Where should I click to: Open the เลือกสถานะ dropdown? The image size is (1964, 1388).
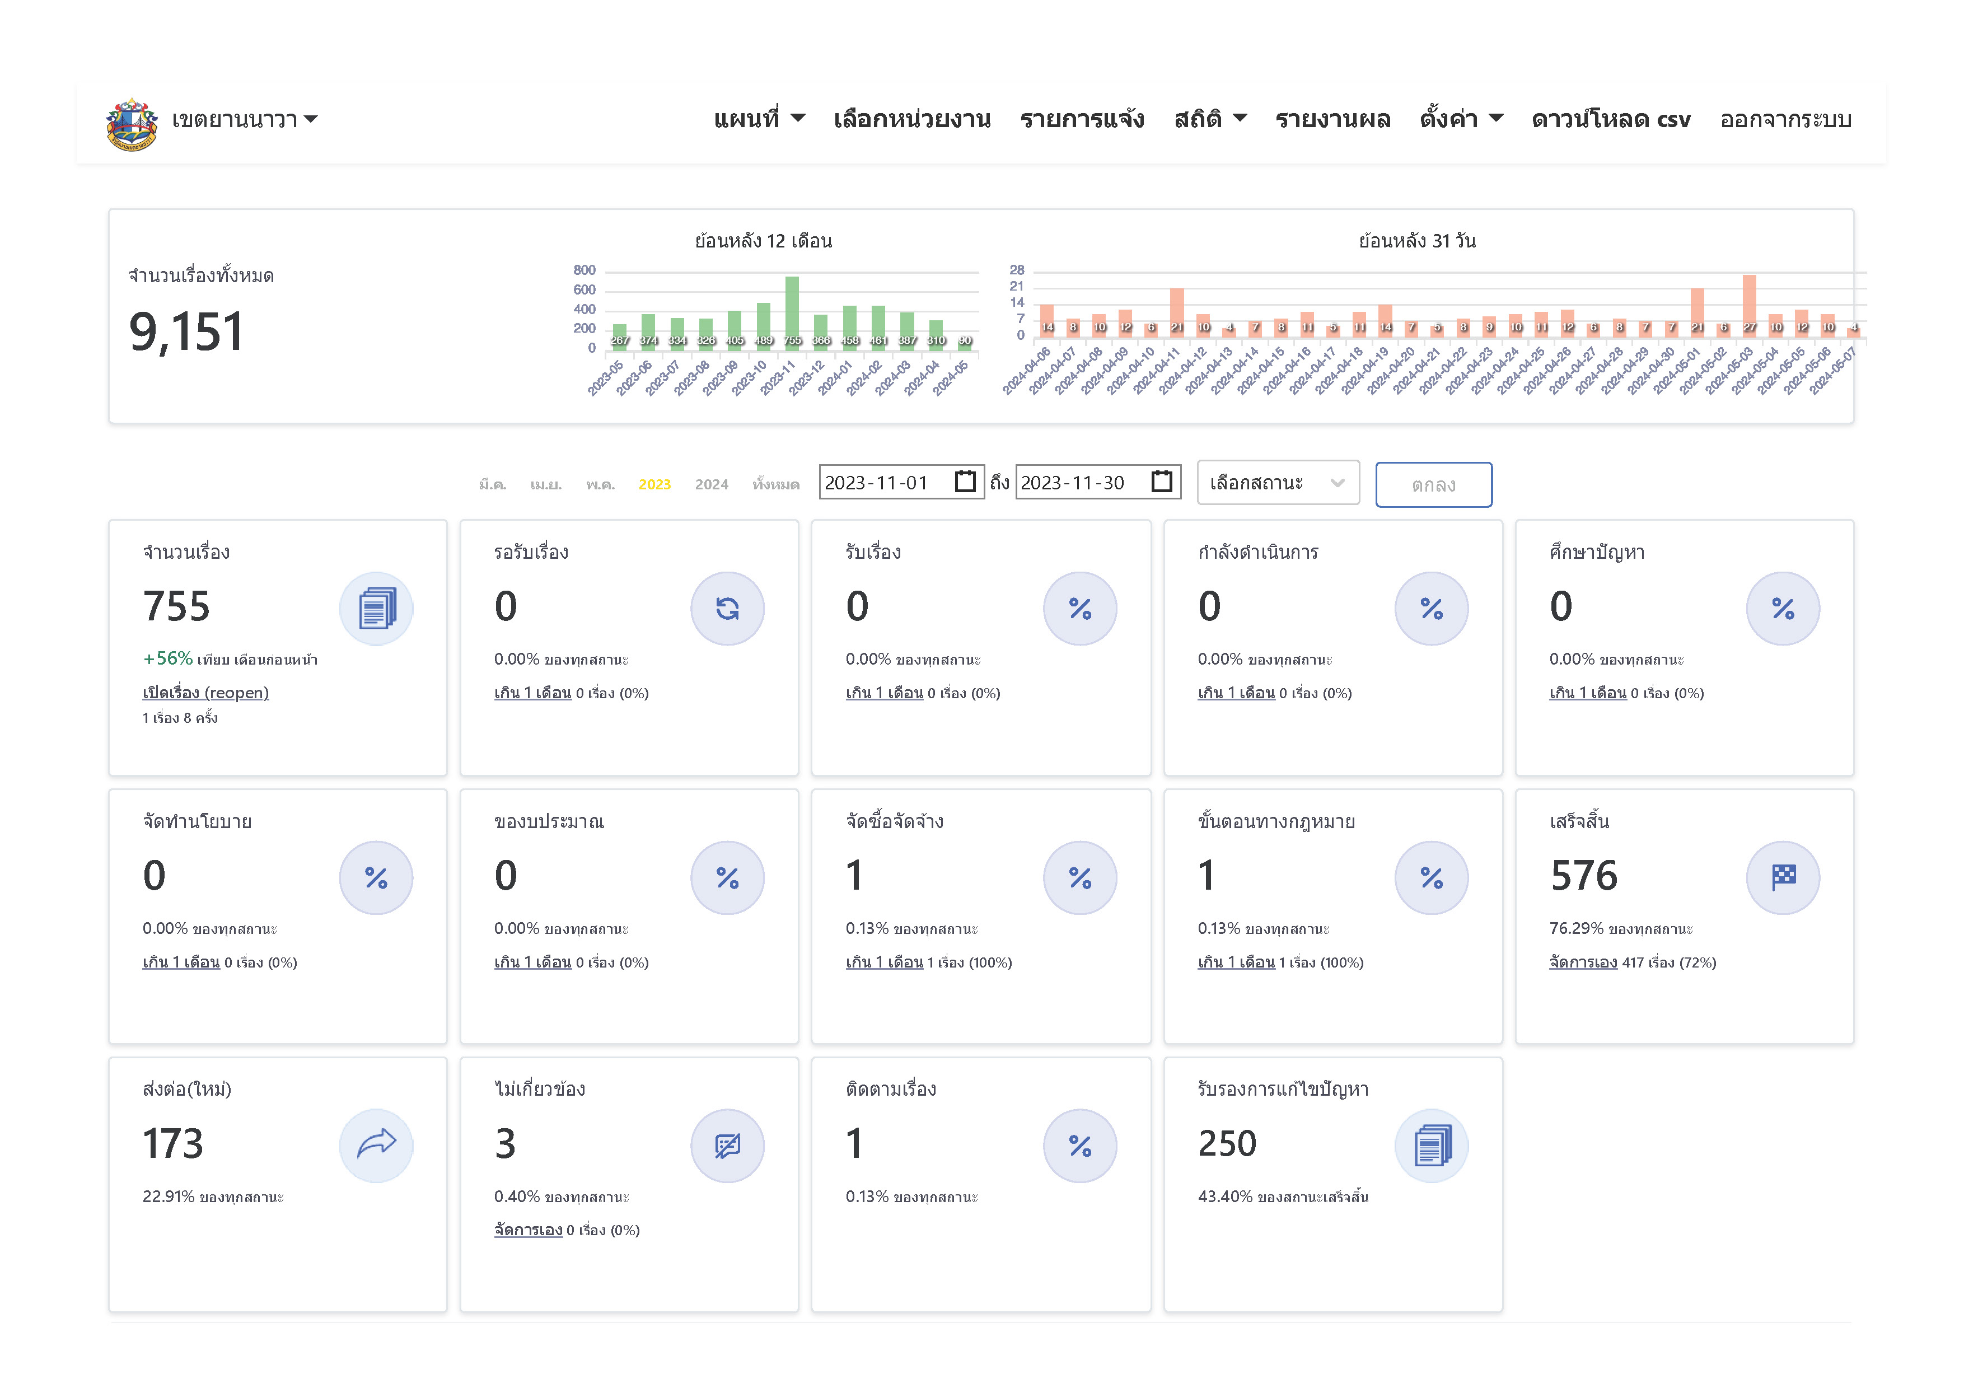[x=1277, y=483]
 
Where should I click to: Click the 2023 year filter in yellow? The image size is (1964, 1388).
[x=654, y=485]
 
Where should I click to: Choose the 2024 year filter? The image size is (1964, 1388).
[x=712, y=485]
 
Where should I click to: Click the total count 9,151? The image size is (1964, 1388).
[x=186, y=332]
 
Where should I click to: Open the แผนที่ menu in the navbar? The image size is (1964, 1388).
[x=759, y=119]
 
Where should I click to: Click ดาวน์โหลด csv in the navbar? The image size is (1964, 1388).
[x=1611, y=119]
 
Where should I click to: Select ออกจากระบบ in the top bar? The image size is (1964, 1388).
[x=1785, y=119]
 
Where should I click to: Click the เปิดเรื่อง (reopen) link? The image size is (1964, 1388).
[x=205, y=693]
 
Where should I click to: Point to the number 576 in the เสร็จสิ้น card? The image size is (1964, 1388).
[x=1583, y=876]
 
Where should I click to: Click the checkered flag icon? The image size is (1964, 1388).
[x=1784, y=877]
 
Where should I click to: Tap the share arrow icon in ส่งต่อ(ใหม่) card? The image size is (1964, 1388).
[x=376, y=1145]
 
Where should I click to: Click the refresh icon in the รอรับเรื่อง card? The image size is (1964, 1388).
[x=728, y=609]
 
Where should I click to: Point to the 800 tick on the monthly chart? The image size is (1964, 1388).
[x=584, y=270]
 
